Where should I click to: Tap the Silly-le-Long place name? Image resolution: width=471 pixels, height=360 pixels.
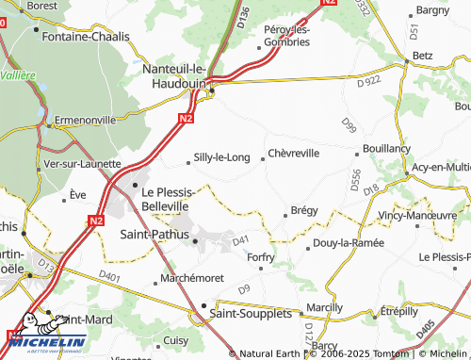(x=221, y=157)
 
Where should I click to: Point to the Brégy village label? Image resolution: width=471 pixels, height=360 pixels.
(x=304, y=210)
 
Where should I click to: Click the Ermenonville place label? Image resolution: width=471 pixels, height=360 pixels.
(x=86, y=120)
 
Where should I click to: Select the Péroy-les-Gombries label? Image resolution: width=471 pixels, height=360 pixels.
(x=287, y=37)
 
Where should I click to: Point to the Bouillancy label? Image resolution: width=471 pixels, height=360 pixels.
(x=385, y=149)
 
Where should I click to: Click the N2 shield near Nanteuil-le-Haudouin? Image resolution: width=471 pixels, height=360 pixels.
(x=186, y=118)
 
